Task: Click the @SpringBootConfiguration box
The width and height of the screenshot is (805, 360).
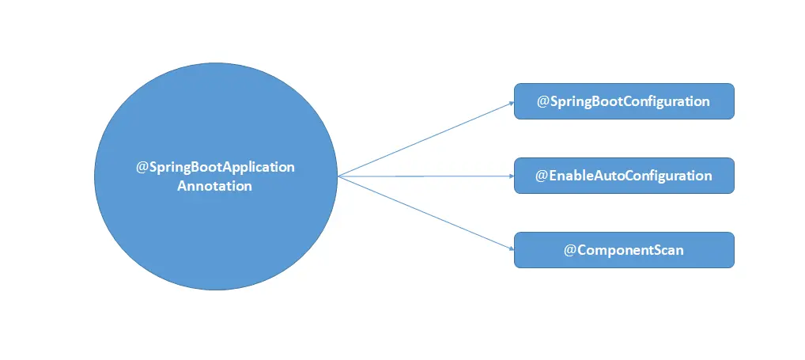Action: pyautogui.click(x=624, y=101)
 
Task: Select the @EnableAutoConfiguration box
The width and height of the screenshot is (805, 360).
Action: pyautogui.click(x=624, y=176)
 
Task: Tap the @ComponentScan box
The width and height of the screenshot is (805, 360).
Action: pyautogui.click(x=624, y=249)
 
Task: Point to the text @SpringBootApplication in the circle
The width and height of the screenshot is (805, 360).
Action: pyautogui.click(x=215, y=168)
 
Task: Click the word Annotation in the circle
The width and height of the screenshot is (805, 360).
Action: pyautogui.click(x=215, y=187)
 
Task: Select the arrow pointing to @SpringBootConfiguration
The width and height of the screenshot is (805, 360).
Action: pyautogui.click(x=427, y=138)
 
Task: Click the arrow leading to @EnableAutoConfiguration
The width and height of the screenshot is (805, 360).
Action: pyautogui.click(x=427, y=176)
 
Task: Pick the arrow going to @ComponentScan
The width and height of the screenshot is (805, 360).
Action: pyautogui.click(x=427, y=213)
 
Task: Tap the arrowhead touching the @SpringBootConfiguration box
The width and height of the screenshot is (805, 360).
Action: pyautogui.click(x=510, y=103)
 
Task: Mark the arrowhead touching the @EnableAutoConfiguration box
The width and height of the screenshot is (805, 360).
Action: pyautogui.click(x=510, y=176)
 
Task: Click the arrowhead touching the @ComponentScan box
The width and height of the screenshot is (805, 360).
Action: pyautogui.click(x=510, y=248)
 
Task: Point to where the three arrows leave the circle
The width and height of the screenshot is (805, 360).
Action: pyautogui.click(x=338, y=176)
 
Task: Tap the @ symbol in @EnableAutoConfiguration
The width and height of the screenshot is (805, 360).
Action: pyautogui.click(x=542, y=176)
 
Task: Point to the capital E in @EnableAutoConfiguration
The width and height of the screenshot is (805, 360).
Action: pyautogui.click(x=554, y=176)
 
